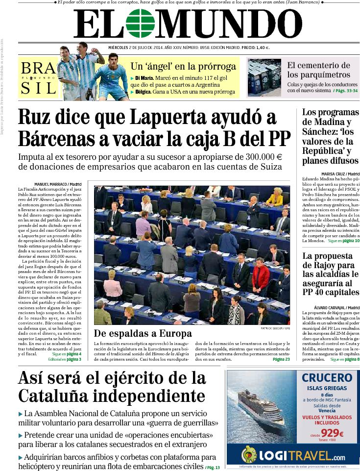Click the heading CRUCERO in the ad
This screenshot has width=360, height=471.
coord(327,378)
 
